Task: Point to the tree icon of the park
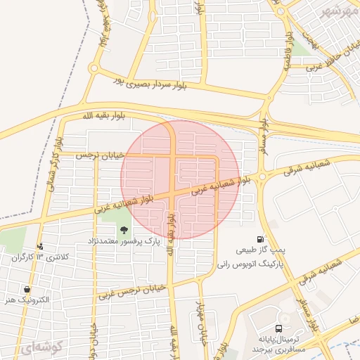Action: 124,230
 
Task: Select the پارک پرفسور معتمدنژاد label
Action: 125,241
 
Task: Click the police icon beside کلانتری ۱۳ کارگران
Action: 41,246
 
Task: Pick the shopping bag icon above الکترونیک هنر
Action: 27,289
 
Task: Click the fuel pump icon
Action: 261,239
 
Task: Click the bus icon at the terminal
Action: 280,328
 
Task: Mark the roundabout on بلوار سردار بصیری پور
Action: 94,68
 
